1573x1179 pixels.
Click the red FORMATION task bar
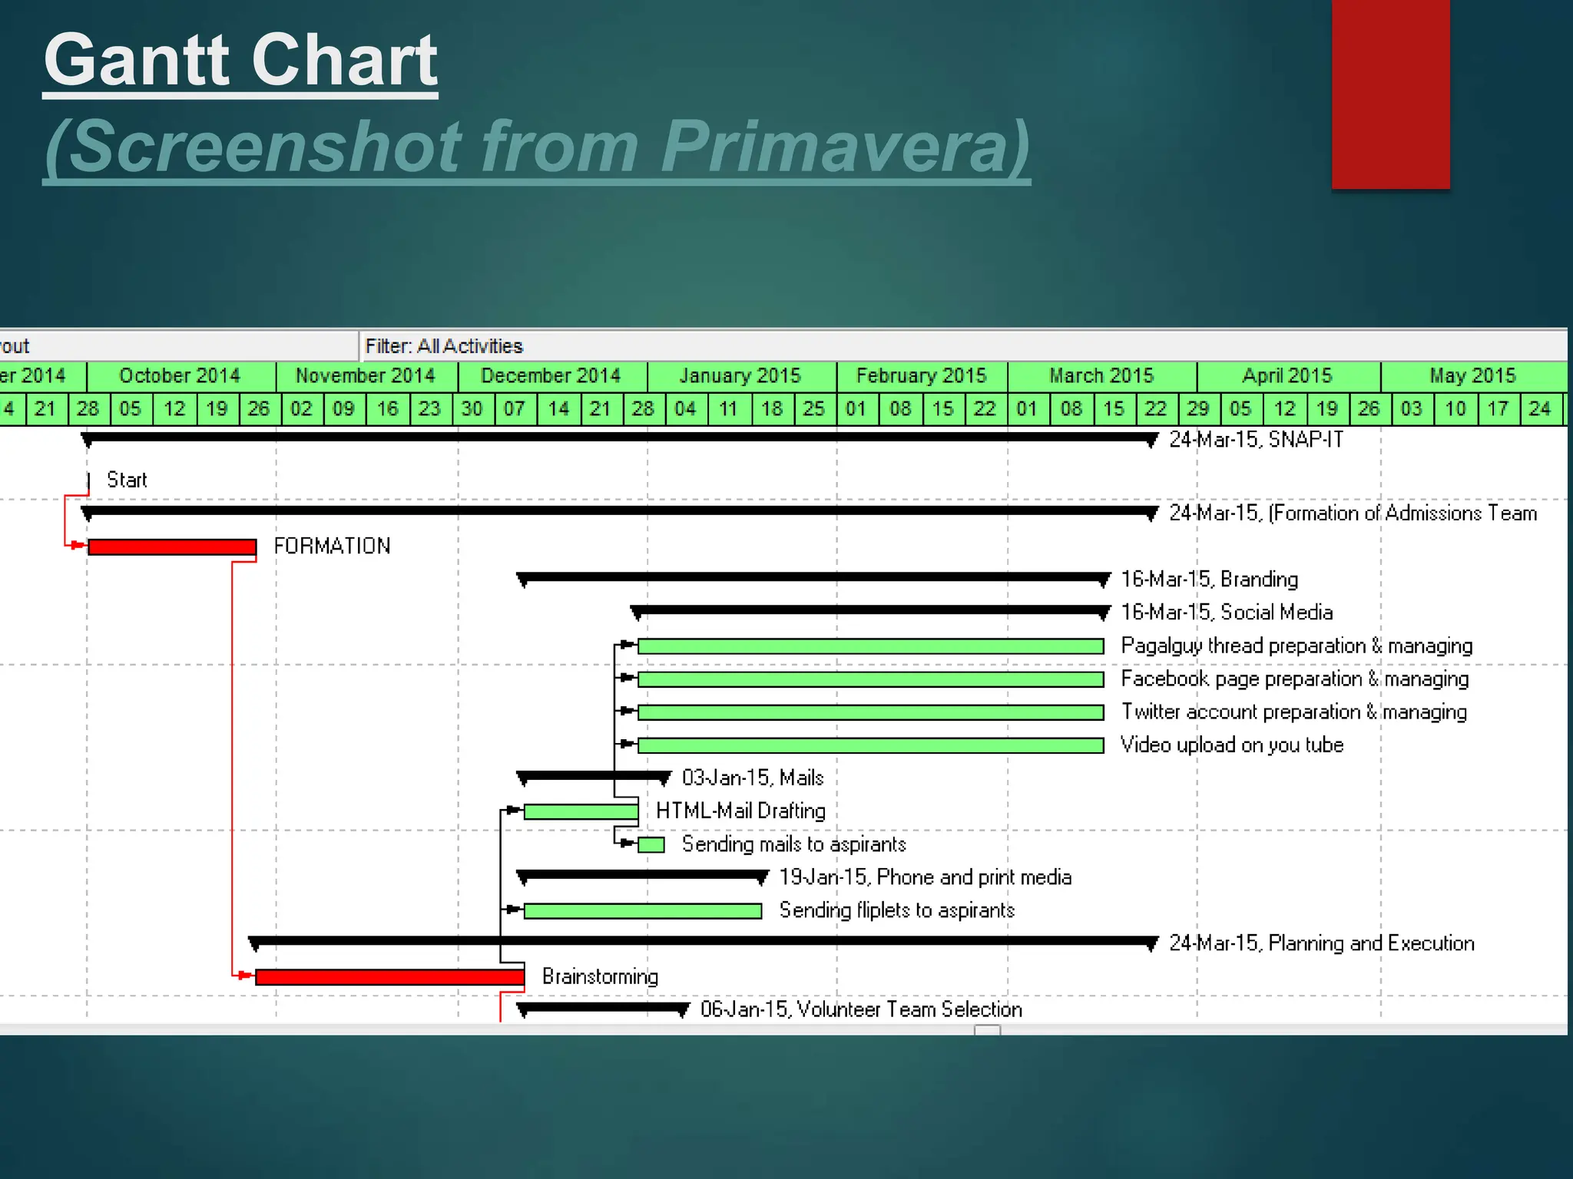pos(172,547)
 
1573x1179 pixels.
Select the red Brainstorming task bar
pos(389,976)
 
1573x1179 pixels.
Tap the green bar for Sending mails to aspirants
pos(651,844)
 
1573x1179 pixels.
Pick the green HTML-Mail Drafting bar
pos(581,811)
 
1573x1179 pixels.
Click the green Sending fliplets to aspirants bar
pos(642,911)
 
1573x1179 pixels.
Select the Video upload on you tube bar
pos(870,745)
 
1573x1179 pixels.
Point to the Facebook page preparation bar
pos(870,679)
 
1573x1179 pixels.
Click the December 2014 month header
pos(551,375)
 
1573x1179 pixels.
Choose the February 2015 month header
pos(921,375)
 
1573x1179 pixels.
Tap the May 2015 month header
pos(1472,375)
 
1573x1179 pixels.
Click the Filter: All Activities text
pos(444,346)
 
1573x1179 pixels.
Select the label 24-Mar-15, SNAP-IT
pos(1256,440)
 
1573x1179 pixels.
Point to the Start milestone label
pos(127,480)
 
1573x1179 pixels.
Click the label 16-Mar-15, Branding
pos(1209,579)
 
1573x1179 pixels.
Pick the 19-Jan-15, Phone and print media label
pos(925,877)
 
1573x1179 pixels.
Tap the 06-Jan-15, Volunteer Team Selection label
pos(861,1009)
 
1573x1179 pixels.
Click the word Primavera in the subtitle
pos(844,146)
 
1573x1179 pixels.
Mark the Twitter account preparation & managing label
pos(1293,712)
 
